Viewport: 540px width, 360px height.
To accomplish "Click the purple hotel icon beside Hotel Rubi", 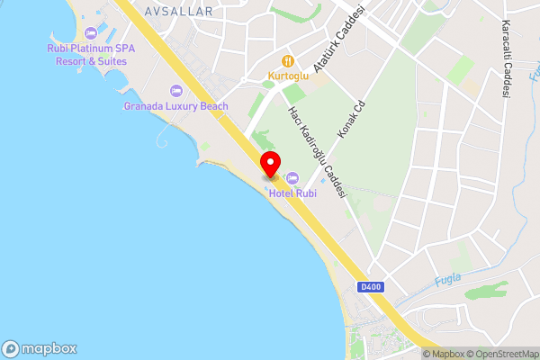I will tap(293, 177).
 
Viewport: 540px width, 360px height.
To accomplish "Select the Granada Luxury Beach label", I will tap(175, 106).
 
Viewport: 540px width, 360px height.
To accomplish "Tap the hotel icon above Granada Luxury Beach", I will tap(175, 91).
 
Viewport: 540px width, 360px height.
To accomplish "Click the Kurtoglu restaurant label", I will tap(288, 76).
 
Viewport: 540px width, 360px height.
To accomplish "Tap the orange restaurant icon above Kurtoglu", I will tap(288, 60).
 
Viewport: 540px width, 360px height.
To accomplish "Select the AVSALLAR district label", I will tap(178, 12).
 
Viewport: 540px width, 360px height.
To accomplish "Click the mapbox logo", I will tap(40, 348).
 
